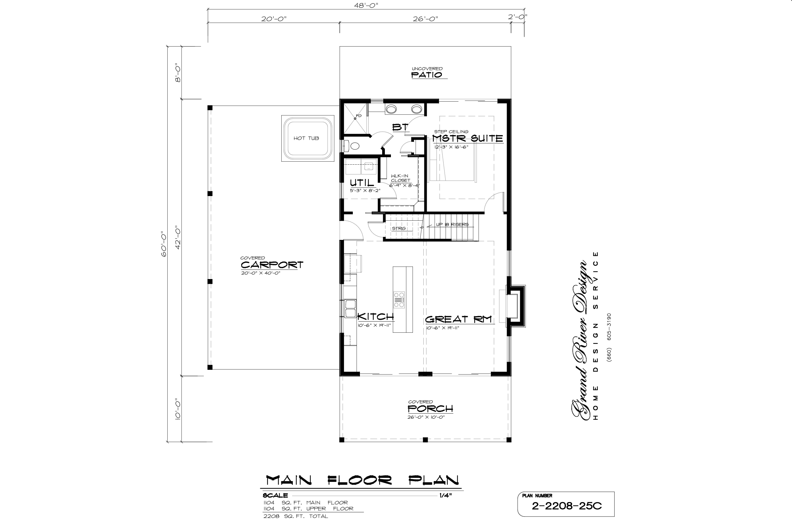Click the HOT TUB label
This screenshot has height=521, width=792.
pos(306,138)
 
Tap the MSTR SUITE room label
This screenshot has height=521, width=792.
pos(468,138)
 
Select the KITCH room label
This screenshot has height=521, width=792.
pos(375,317)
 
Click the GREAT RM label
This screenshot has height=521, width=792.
pos(458,319)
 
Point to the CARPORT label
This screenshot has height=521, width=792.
pos(272,265)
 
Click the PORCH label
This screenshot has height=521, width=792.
pos(430,409)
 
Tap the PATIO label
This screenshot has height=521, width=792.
pos(427,75)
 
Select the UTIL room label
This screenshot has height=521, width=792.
pos(362,183)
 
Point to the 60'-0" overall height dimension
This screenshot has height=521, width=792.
pos(164,244)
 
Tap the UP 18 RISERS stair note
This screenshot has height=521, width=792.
pos(452,224)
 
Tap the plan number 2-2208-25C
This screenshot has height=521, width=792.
pos(566,506)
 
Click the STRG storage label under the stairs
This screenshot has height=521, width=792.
pos(399,228)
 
